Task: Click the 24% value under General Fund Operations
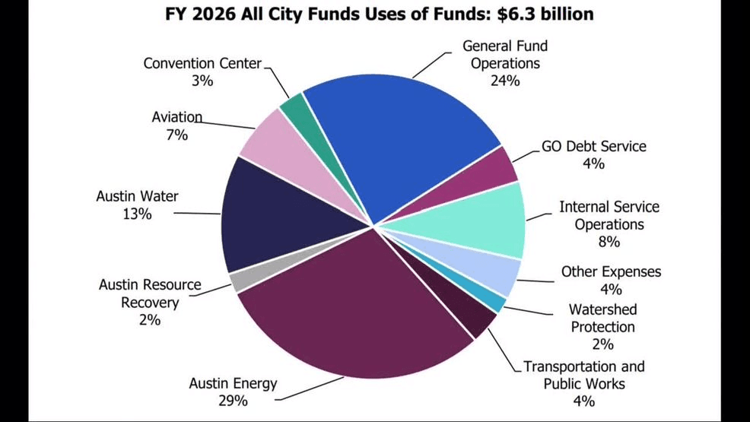click(x=504, y=81)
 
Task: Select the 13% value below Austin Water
click(x=137, y=214)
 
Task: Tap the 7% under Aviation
click(x=177, y=135)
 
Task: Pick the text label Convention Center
click(x=202, y=63)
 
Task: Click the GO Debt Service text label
click(x=593, y=146)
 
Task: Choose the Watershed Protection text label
click(x=602, y=318)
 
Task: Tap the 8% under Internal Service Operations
click(x=609, y=242)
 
